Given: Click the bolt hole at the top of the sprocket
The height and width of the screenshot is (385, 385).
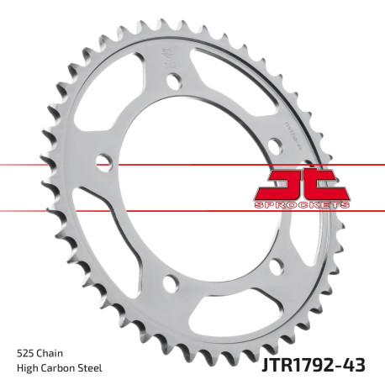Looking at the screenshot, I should point(174,82).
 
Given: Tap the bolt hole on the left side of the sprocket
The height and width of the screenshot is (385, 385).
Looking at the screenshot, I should point(104,161).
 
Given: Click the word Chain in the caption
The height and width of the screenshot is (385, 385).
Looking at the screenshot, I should point(49,353).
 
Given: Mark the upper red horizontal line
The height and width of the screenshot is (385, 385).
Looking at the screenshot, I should point(50,165).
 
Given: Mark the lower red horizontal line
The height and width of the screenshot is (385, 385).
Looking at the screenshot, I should point(50,209).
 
